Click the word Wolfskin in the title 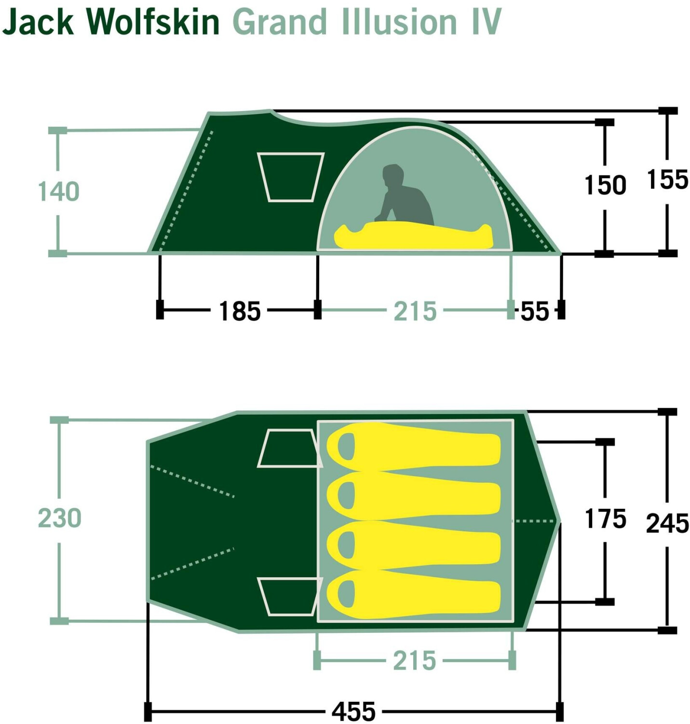pos(153,22)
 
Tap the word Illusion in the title pos(398,22)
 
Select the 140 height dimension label pos(58,192)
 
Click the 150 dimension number pos(605,185)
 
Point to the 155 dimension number pos(667,180)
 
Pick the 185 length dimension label pos(240,311)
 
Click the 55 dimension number pos(535,311)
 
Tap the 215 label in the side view pos(415,311)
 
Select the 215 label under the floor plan pos(414,661)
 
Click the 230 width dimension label pos(59,518)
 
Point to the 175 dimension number pos(605,519)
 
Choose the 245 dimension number pos(667,524)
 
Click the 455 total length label pos(353,711)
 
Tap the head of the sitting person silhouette pos(393,175)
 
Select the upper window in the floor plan pos(288,448)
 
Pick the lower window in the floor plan pos(288,597)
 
